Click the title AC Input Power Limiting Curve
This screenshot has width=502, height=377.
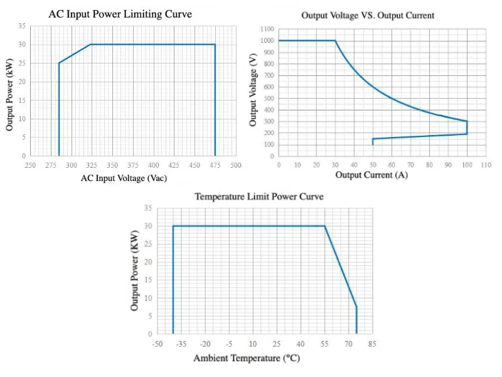120,14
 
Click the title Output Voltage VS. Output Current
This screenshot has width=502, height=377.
368,15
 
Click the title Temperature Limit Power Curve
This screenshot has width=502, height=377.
259,197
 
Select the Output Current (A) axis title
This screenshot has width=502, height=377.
371,175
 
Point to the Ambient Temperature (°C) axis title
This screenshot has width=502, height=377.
247,358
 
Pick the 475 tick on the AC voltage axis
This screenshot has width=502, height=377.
215,165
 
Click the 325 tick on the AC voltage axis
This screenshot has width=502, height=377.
92,165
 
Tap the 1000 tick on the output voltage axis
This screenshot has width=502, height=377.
268,41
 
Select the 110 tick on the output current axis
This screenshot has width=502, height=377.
485,165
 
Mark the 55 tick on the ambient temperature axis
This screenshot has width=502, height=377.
324,344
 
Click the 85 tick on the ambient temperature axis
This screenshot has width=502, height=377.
372,344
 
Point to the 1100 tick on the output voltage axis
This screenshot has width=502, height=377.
268,29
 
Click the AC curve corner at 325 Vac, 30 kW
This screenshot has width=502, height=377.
92,45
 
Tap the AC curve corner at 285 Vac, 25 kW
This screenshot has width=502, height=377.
59,63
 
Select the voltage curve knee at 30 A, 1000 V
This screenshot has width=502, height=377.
335,41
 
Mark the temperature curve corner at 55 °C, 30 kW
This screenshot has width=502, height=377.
324,226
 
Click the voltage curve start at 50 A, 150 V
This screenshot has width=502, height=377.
373,139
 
